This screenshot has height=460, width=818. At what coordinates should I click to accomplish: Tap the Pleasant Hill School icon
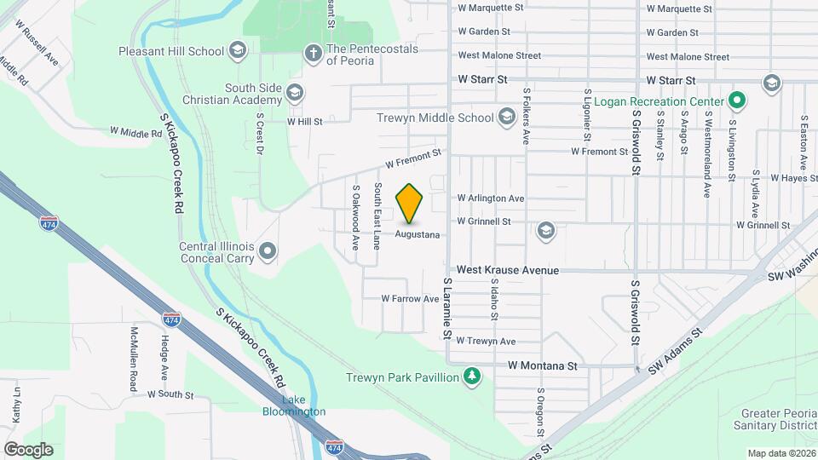(238, 51)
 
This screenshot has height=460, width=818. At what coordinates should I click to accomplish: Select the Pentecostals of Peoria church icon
(313, 55)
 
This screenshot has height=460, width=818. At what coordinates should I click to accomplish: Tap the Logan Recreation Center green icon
(737, 102)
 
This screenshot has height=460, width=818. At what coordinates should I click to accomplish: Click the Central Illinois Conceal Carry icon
(268, 250)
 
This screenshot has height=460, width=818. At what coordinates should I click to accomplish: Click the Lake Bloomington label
(293, 406)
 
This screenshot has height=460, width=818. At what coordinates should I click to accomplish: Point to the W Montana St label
(543, 365)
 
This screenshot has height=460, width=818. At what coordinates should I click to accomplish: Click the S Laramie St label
(446, 308)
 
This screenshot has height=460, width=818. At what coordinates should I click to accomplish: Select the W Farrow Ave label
(410, 299)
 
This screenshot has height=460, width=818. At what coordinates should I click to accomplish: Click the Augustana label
(417, 234)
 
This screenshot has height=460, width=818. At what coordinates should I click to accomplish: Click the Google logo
(28, 449)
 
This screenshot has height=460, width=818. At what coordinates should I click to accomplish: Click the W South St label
(170, 395)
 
